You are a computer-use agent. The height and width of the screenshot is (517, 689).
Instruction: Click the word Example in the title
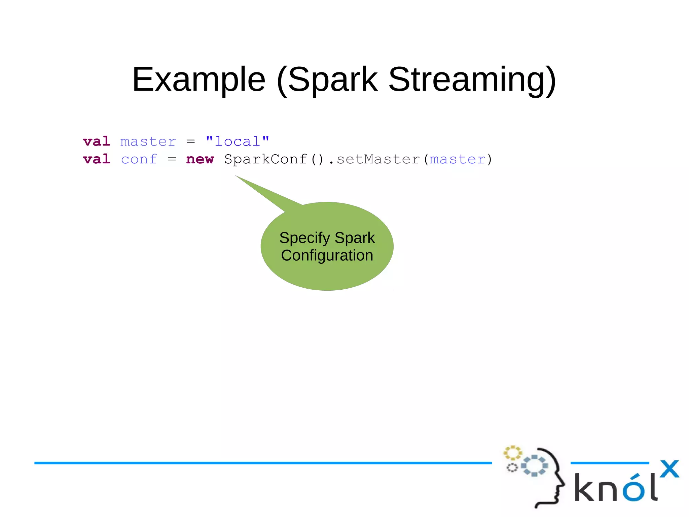[x=199, y=80]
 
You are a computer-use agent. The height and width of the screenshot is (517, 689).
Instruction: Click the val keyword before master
[x=97, y=141]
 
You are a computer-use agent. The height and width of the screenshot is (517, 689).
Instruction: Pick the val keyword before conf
[x=97, y=159]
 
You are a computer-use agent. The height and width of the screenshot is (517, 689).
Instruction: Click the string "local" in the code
[x=238, y=141]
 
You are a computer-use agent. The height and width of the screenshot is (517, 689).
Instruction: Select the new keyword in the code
[x=200, y=159]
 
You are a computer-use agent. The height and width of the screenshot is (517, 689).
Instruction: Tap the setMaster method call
[x=378, y=159]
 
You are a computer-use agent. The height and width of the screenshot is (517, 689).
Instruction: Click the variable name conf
[x=139, y=159]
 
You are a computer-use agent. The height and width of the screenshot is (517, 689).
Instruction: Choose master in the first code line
[x=148, y=142]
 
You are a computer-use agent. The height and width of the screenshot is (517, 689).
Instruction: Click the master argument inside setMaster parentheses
[x=458, y=159]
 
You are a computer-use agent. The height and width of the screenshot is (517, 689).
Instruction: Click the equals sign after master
[x=191, y=142]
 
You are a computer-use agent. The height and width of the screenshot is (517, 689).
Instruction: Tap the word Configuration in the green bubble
[x=327, y=255]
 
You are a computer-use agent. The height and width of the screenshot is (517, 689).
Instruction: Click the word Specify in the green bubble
[x=304, y=238]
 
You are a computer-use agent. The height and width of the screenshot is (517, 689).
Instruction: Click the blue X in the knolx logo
[x=669, y=469]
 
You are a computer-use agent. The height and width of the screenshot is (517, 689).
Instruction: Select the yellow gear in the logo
[x=512, y=453]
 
